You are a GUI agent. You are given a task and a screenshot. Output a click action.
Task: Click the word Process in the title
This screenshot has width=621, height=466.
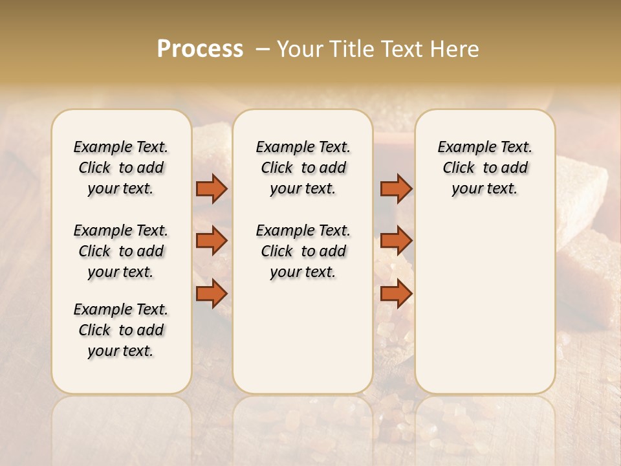200,49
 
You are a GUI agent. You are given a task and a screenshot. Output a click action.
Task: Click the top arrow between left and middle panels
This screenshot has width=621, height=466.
212,188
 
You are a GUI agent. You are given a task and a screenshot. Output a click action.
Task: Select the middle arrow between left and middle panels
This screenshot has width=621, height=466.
212,241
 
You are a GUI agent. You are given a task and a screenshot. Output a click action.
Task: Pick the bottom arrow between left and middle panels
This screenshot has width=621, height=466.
212,294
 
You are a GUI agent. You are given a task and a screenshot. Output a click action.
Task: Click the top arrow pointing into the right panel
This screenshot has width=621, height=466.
396,188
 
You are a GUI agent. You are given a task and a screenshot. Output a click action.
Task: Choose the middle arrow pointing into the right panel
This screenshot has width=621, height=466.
396,241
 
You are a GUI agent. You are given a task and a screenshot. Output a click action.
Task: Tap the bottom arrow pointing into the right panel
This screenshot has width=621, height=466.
396,294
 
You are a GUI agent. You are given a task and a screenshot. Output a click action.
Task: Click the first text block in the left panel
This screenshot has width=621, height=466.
121,168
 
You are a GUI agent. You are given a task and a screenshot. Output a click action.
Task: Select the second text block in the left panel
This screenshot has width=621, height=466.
121,251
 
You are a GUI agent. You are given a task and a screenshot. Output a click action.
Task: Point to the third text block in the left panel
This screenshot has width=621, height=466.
121,330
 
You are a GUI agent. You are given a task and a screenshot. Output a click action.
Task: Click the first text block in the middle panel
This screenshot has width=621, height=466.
303,168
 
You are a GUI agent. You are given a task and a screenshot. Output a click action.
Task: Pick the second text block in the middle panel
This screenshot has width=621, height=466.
303,251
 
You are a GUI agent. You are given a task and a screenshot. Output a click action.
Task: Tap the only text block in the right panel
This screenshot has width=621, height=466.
485,168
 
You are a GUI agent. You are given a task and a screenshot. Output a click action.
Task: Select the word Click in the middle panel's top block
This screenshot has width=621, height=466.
277,168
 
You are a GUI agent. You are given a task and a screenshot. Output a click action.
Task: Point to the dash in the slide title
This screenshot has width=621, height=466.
262,49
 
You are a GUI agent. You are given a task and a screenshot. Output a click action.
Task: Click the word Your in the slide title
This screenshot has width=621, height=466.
299,49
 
